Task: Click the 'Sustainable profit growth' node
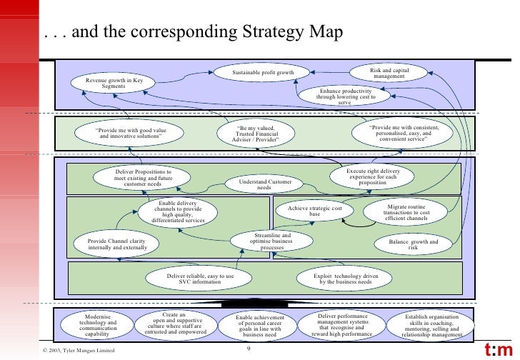263,73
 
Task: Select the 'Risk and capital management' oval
389,74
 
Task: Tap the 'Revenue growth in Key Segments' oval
114,84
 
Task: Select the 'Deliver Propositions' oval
143,178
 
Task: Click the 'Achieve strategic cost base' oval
315,211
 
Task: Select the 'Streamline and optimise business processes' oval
273,241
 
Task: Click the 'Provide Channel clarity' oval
115,245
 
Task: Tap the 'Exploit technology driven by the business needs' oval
347,279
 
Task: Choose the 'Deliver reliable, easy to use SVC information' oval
200,279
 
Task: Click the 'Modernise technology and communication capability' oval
98,325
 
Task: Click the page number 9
248,349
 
